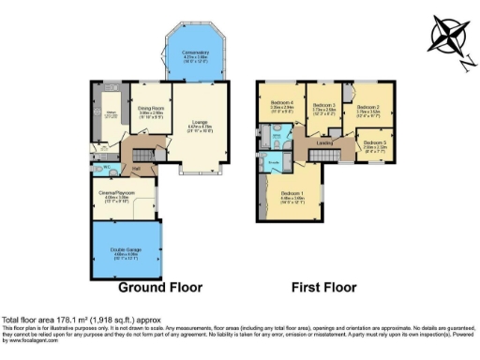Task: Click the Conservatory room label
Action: (196, 53)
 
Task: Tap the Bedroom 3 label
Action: (325, 106)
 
